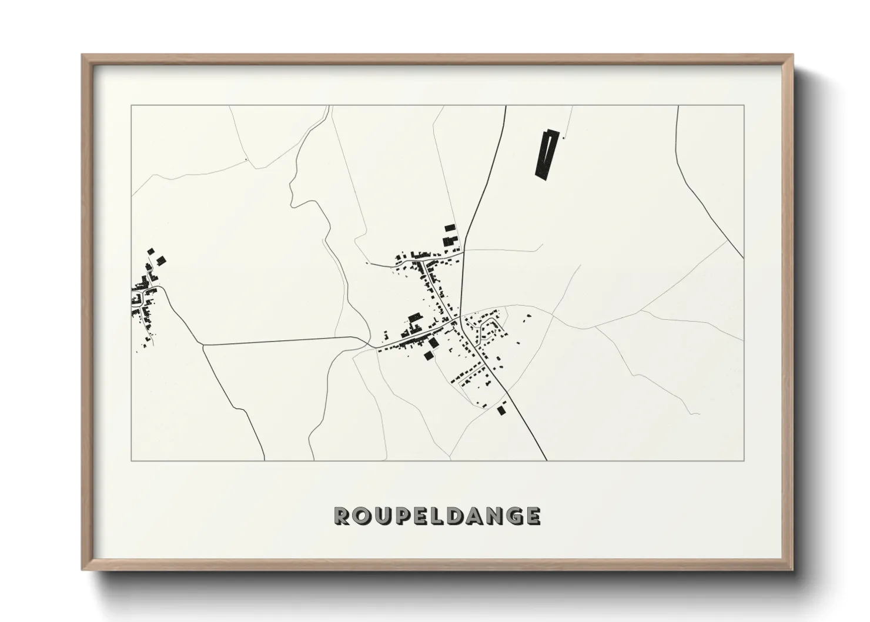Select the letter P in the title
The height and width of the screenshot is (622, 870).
click(x=401, y=516)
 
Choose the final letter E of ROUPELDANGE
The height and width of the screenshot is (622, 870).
click(x=531, y=516)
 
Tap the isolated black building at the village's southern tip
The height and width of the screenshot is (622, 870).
click(x=501, y=410)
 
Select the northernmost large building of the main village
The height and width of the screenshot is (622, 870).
click(x=450, y=228)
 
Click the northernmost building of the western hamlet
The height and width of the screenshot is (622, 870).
click(x=150, y=251)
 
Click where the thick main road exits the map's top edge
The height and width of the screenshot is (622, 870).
click(x=506, y=106)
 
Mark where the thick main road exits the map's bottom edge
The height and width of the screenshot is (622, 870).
click(x=547, y=460)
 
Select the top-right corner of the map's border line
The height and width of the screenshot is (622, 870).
click(x=744, y=105)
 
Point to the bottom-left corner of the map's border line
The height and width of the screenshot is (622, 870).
click(x=131, y=460)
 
